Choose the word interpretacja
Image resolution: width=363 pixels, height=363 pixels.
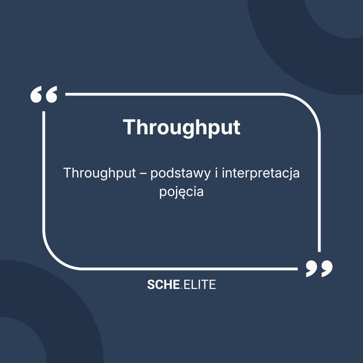pos(261,174)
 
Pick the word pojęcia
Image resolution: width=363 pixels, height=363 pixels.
pos(181,192)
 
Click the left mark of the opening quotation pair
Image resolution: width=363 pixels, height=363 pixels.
pos(37,95)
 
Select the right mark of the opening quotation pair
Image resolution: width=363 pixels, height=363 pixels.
pos(51,95)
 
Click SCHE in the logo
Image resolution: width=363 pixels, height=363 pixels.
pos(163,285)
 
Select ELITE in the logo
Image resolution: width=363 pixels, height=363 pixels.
pos(200,285)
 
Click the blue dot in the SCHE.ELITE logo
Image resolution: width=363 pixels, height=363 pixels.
pos(181,288)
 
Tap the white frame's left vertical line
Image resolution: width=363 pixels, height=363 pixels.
pos(44,174)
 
